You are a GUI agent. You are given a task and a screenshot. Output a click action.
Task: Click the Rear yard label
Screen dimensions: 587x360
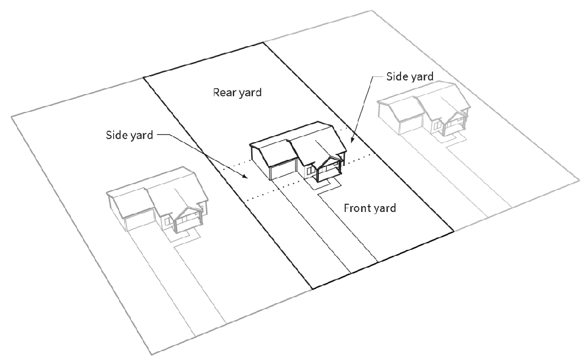click(x=237, y=93)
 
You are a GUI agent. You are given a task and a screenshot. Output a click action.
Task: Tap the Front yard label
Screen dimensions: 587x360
click(x=369, y=208)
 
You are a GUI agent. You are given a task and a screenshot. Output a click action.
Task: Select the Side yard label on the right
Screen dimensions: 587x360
click(x=410, y=76)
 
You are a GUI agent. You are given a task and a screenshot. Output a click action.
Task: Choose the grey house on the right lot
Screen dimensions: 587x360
click(x=424, y=112)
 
